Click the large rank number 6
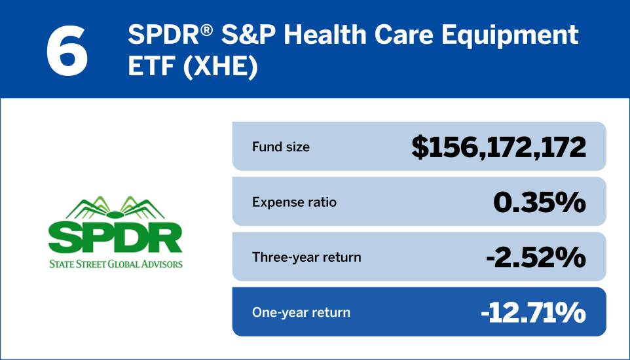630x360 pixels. point(67,50)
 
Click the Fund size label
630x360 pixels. point(280,147)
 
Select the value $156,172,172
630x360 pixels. point(498,147)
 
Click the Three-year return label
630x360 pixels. point(306,257)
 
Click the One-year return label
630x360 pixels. point(301,312)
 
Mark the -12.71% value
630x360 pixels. point(532,313)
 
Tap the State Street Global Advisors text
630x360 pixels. point(115,264)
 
